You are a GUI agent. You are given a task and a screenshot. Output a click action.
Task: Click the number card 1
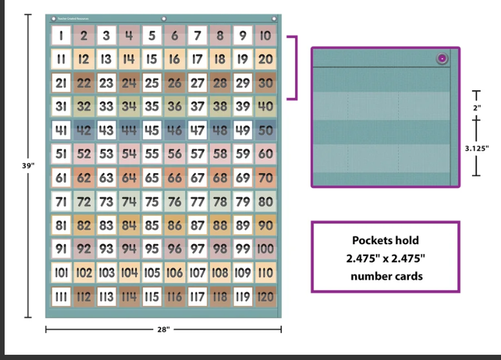[x=61, y=36]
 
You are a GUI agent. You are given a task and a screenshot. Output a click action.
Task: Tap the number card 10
[x=266, y=36]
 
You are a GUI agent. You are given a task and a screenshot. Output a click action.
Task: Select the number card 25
[x=152, y=83]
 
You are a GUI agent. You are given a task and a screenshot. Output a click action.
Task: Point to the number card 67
[x=198, y=178]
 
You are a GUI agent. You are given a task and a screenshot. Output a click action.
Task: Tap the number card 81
[x=61, y=225]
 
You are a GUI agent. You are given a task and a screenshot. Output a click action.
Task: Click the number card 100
[x=266, y=249]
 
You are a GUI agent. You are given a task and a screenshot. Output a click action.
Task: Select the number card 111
[x=61, y=296]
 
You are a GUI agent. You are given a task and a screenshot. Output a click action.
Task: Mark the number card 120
[x=266, y=296]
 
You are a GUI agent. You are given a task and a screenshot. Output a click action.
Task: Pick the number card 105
[x=152, y=272]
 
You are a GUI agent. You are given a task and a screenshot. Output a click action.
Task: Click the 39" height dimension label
[x=27, y=165]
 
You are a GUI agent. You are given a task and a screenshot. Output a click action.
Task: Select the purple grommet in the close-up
[x=442, y=59]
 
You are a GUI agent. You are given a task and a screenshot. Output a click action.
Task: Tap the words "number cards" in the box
[x=385, y=275]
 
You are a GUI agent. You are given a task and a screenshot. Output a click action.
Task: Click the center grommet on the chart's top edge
[x=164, y=18]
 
